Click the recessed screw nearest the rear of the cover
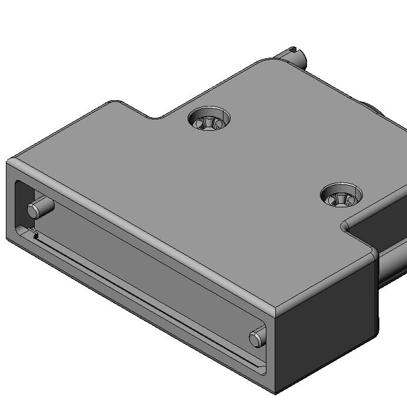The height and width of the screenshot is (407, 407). (209, 120)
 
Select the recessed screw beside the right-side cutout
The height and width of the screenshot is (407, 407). (341, 196)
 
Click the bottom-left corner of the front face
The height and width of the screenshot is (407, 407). (8, 238)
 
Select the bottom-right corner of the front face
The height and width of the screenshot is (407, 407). (275, 392)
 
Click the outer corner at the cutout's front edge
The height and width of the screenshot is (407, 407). (375, 254)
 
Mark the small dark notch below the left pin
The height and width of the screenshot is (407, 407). (36, 236)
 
